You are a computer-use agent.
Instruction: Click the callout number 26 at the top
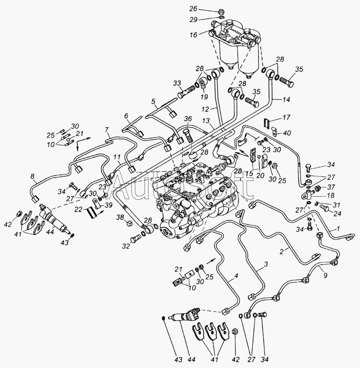tap(204, 8)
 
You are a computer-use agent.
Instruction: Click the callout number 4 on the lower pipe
tap(236, 276)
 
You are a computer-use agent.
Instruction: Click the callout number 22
tap(80, 209)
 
